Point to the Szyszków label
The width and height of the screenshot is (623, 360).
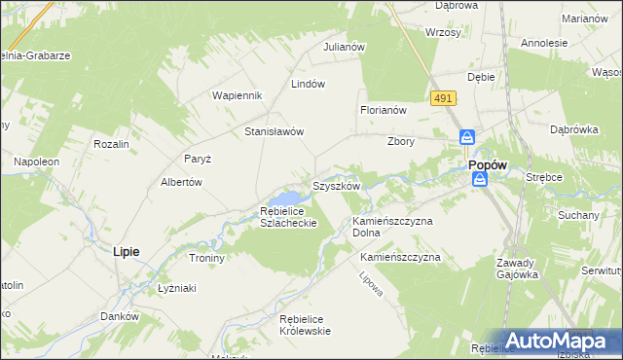click(x=336, y=185)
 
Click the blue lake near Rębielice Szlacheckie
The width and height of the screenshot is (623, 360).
click(x=293, y=198)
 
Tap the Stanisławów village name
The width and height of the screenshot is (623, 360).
click(x=275, y=131)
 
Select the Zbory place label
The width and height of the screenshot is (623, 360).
click(x=401, y=141)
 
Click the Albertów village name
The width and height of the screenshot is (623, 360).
click(x=181, y=182)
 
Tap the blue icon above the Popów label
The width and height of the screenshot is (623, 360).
click(x=467, y=138)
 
